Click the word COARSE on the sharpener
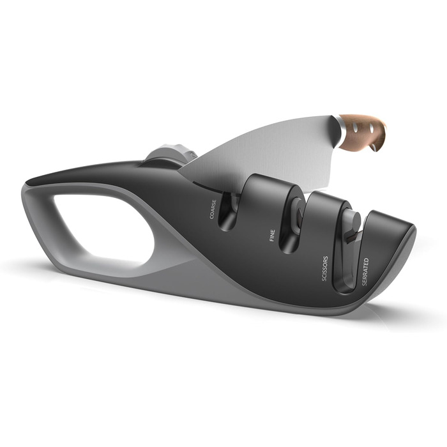click(x=213, y=209)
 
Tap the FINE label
click(x=272, y=236)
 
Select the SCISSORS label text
click(x=324, y=269)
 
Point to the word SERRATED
click(x=365, y=271)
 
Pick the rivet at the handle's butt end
click(x=374, y=148)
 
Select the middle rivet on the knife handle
click(x=372, y=128)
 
